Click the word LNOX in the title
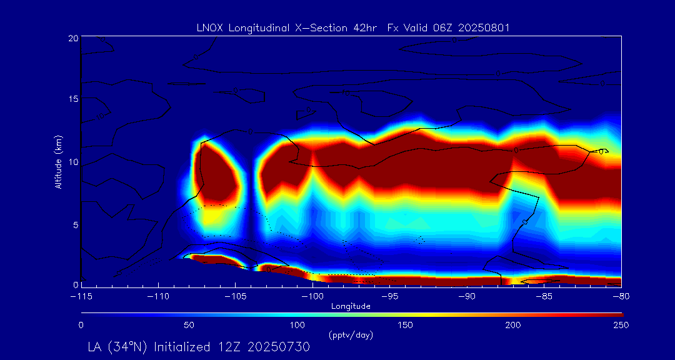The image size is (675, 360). [x=209, y=27]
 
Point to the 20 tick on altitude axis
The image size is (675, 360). [x=73, y=38]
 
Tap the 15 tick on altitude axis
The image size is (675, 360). [x=73, y=99]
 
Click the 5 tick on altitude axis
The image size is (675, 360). [x=76, y=224]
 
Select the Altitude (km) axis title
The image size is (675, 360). [x=58, y=161]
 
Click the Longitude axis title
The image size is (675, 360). [x=351, y=306]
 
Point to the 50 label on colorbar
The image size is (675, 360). [x=189, y=325]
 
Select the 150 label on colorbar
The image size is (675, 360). [x=406, y=325]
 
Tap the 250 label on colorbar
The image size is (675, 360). [x=621, y=325]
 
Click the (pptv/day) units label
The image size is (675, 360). [x=351, y=335]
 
